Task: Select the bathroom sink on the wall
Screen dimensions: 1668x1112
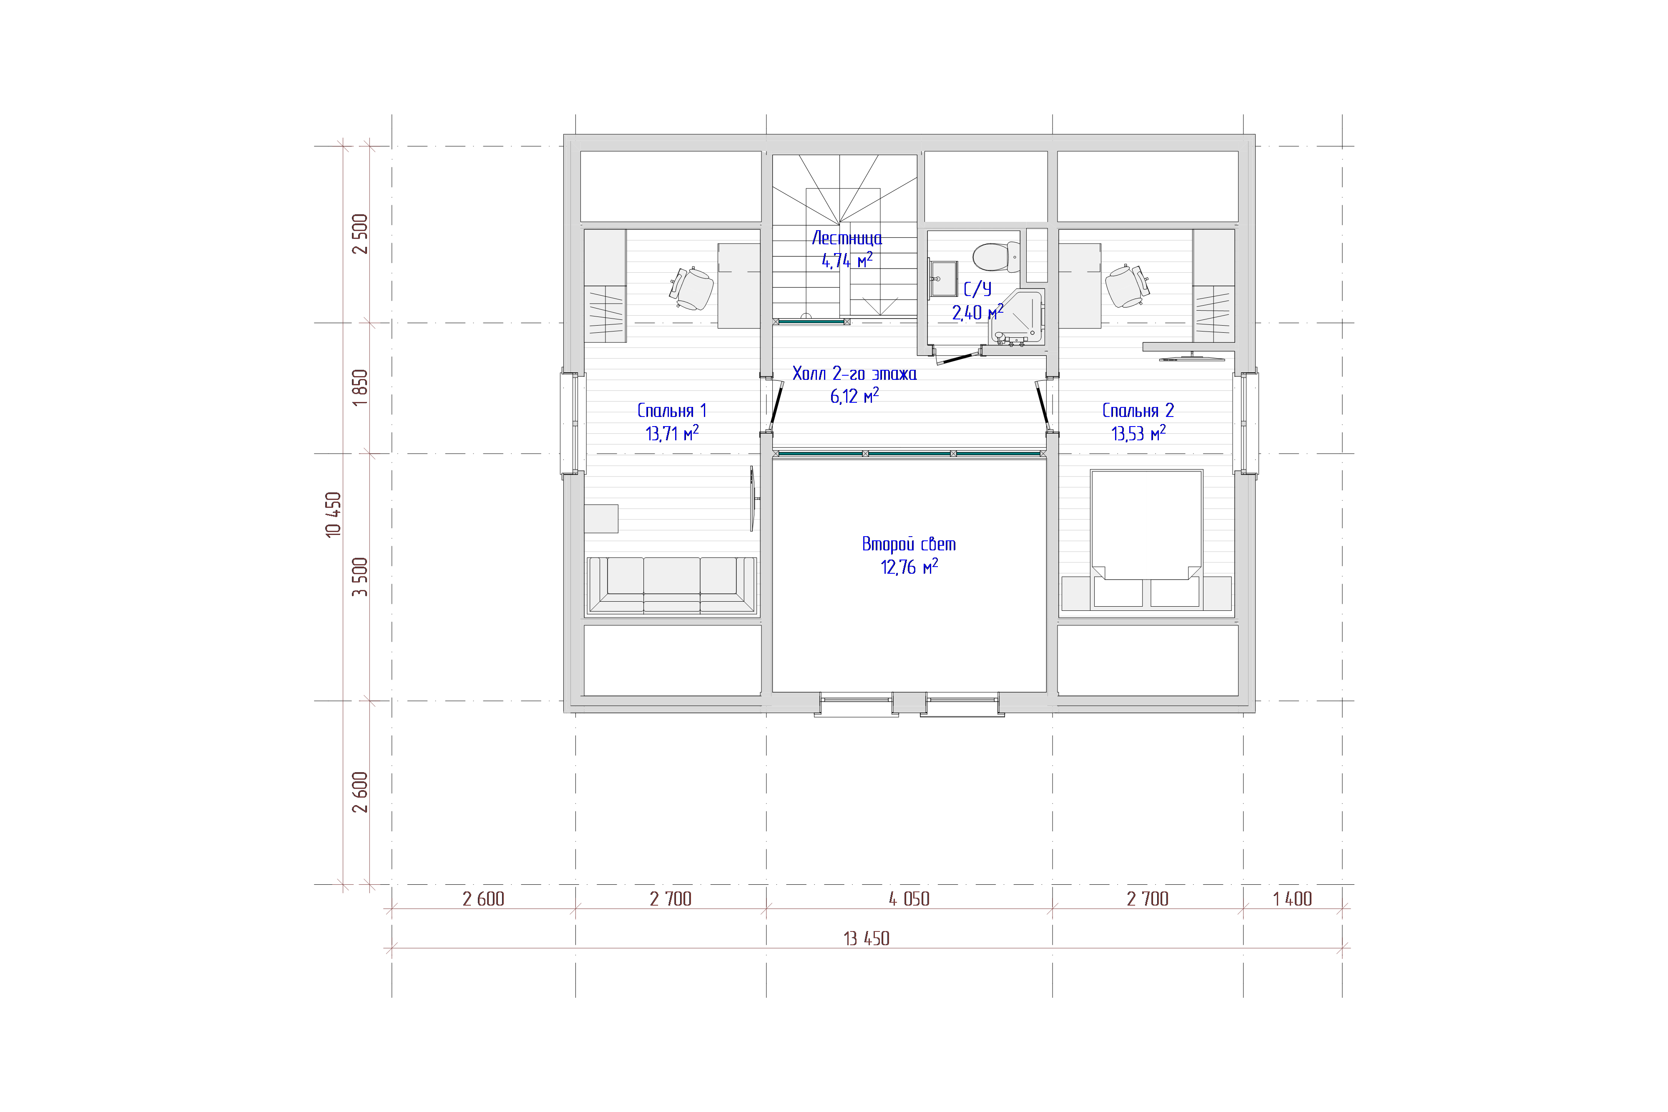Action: [943, 279]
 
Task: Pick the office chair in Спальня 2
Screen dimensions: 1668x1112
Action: [1127, 286]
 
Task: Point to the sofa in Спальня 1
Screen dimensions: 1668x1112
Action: [672, 585]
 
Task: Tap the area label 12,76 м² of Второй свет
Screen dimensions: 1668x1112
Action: [909, 567]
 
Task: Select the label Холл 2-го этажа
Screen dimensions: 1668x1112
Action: [854, 373]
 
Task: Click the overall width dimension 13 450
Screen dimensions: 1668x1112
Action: [866, 938]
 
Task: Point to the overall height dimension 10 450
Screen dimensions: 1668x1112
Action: [333, 514]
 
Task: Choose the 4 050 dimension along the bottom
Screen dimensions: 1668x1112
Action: [909, 899]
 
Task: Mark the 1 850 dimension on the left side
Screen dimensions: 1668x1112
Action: [360, 387]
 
